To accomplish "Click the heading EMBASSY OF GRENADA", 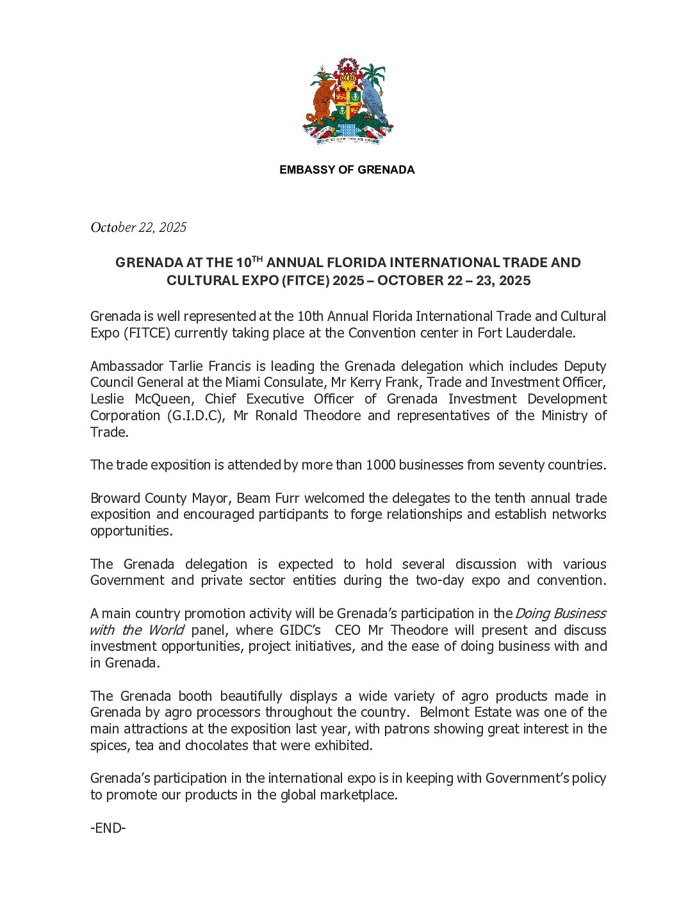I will pos(347,170).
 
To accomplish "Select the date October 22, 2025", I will pos(138,227).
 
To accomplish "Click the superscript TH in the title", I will pos(257,259).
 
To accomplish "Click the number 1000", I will pos(380,465).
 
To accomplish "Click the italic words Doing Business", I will pos(561,614).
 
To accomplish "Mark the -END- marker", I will pos(108,828).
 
